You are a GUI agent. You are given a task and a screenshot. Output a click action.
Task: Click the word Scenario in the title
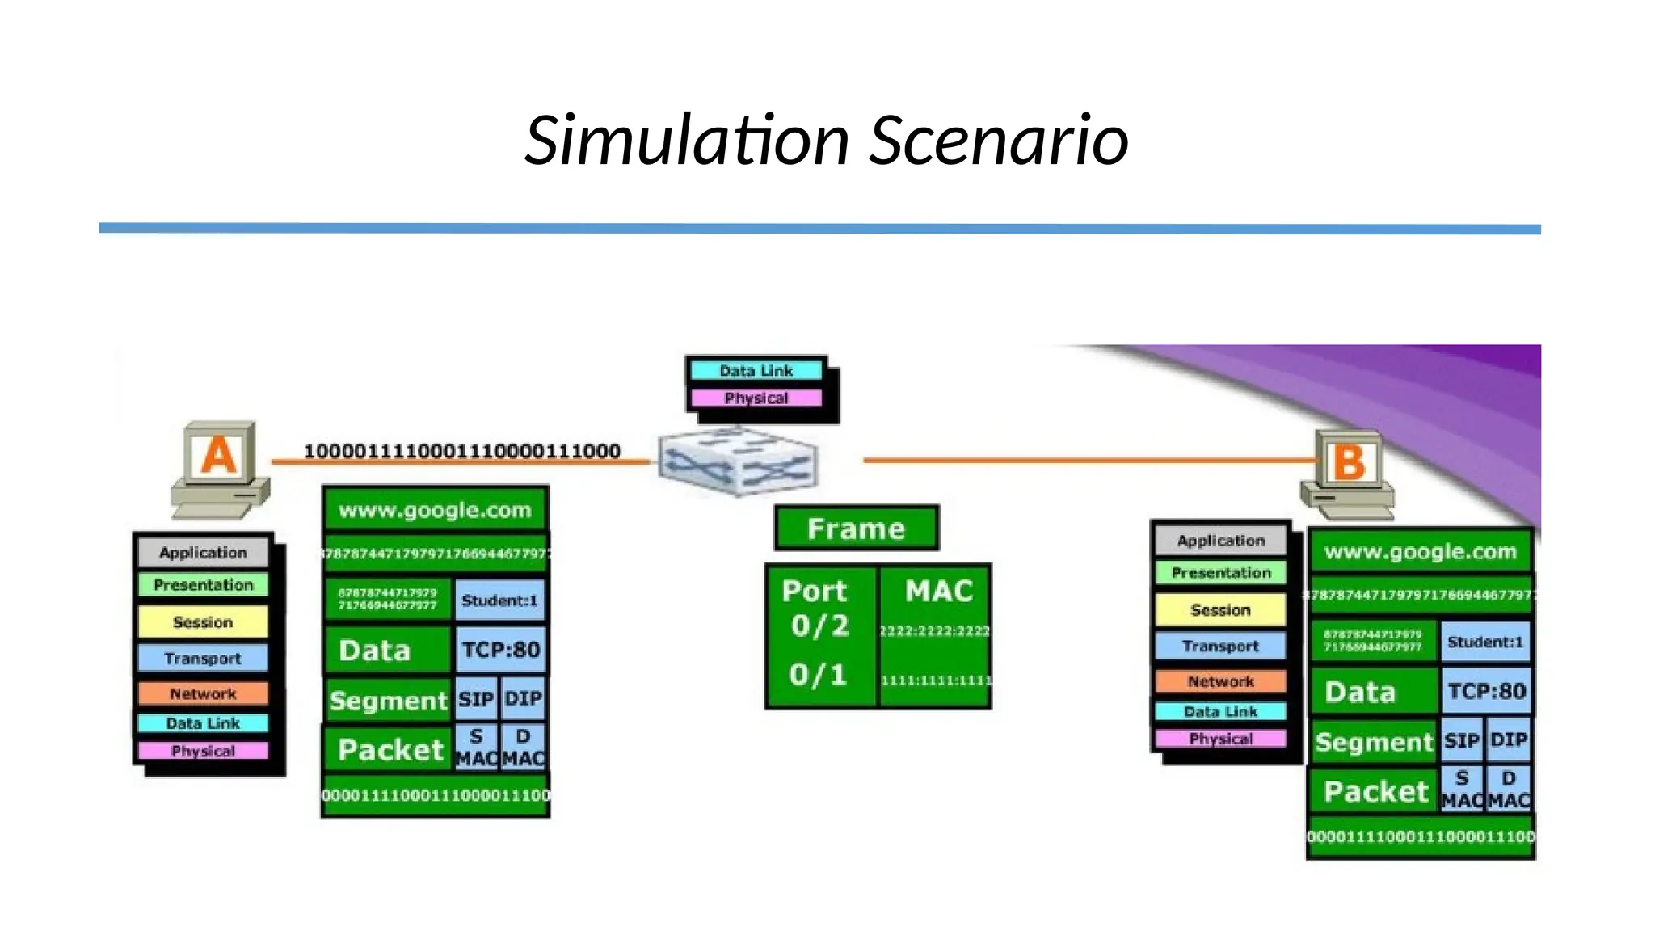click(999, 141)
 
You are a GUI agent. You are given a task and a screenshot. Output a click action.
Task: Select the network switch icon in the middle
click(737, 461)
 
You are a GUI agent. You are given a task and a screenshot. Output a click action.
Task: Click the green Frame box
click(856, 529)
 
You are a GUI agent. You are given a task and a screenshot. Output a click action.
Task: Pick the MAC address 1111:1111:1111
click(936, 680)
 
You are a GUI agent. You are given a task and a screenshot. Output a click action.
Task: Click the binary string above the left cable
click(461, 451)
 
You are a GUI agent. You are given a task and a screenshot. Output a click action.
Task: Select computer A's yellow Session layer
click(202, 622)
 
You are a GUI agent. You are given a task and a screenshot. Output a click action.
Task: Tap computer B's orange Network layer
click(1220, 681)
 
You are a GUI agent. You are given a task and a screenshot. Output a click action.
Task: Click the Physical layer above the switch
click(756, 398)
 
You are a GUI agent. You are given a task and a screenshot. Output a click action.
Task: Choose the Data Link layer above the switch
click(756, 371)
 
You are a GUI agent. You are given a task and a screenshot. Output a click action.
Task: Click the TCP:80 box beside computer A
click(500, 650)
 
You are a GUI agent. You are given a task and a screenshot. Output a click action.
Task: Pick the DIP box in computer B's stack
click(1508, 740)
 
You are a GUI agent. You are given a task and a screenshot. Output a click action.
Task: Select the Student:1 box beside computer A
click(499, 600)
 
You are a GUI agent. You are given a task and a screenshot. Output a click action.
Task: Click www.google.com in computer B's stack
click(1420, 552)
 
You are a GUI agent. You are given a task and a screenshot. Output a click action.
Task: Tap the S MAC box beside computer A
click(476, 748)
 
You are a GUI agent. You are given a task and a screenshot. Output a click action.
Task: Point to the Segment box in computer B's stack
click(1373, 742)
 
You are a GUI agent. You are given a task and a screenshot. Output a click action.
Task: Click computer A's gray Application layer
click(203, 553)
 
